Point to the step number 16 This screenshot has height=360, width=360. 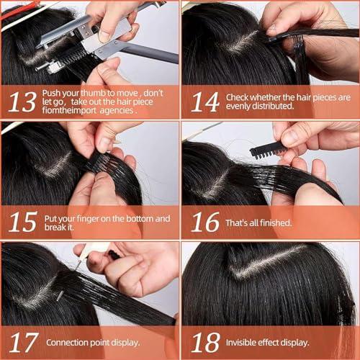[x=204, y=222]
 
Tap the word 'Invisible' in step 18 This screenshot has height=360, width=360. [x=246, y=343]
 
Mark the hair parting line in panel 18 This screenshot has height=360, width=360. [x=266, y=261]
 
